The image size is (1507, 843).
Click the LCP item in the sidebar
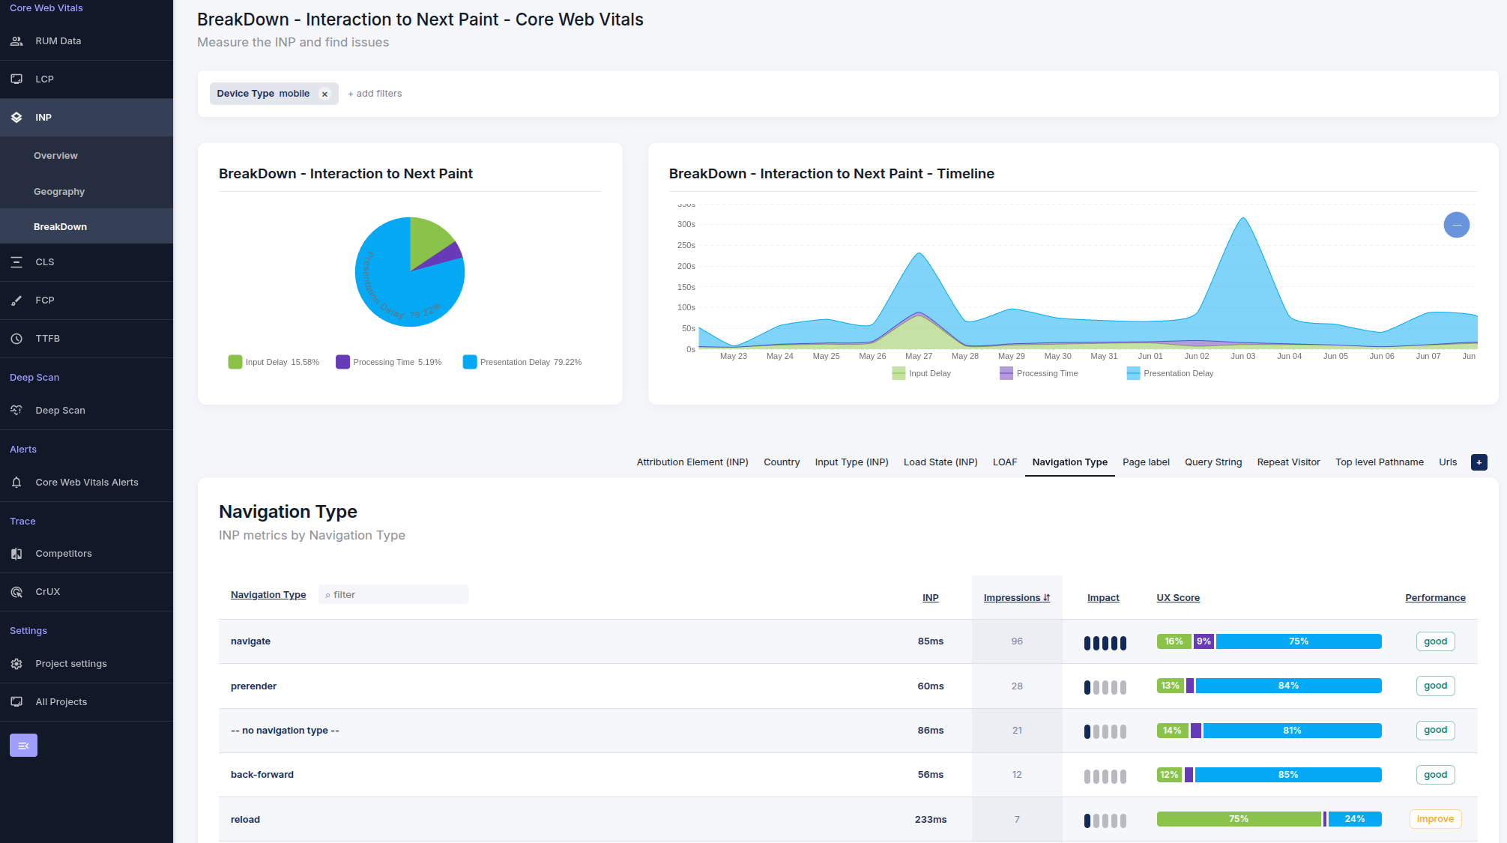[x=44, y=79]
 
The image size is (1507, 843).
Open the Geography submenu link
[x=58, y=192]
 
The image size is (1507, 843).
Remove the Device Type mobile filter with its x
[x=324, y=94]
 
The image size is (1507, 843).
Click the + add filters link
[x=375, y=94]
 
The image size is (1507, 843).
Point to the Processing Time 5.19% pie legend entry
[x=389, y=362]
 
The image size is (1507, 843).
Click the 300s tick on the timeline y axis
[x=686, y=225]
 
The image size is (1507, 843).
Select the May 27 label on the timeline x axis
[x=919, y=357]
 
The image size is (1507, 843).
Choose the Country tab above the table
[x=782, y=462]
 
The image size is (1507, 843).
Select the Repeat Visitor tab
[x=1288, y=462]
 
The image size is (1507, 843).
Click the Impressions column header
[x=1016, y=598]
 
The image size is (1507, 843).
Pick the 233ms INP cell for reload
[x=930, y=820]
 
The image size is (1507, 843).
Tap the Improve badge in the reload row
[x=1435, y=819]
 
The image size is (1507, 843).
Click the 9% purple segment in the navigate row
[x=1204, y=641]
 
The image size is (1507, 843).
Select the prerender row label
[x=253, y=686]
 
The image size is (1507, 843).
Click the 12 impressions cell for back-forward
[x=1017, y=775]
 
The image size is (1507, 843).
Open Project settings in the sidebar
[x=70, y=664]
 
